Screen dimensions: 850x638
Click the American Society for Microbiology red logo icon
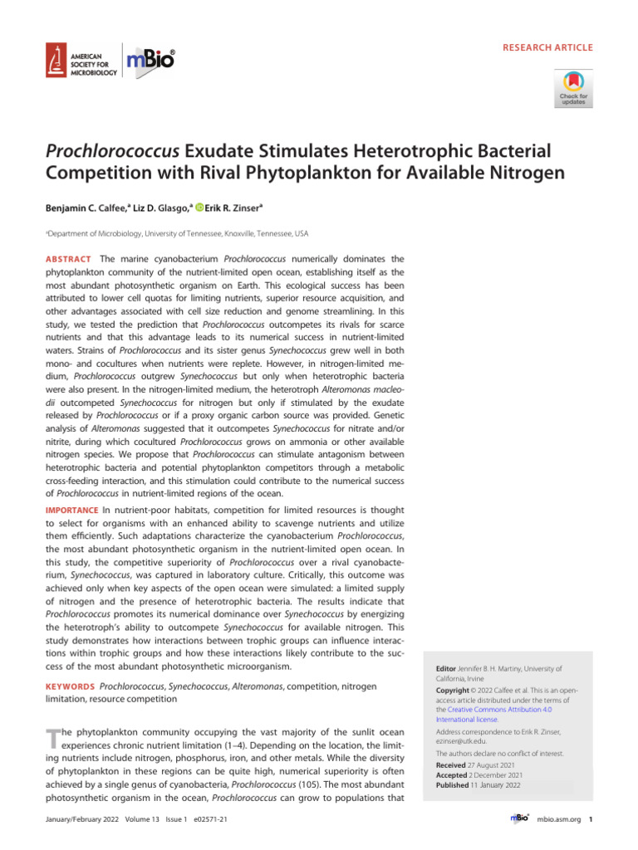coord(57,60)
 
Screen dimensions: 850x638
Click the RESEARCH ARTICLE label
coord(547,47)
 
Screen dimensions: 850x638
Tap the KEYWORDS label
coord(69,686)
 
